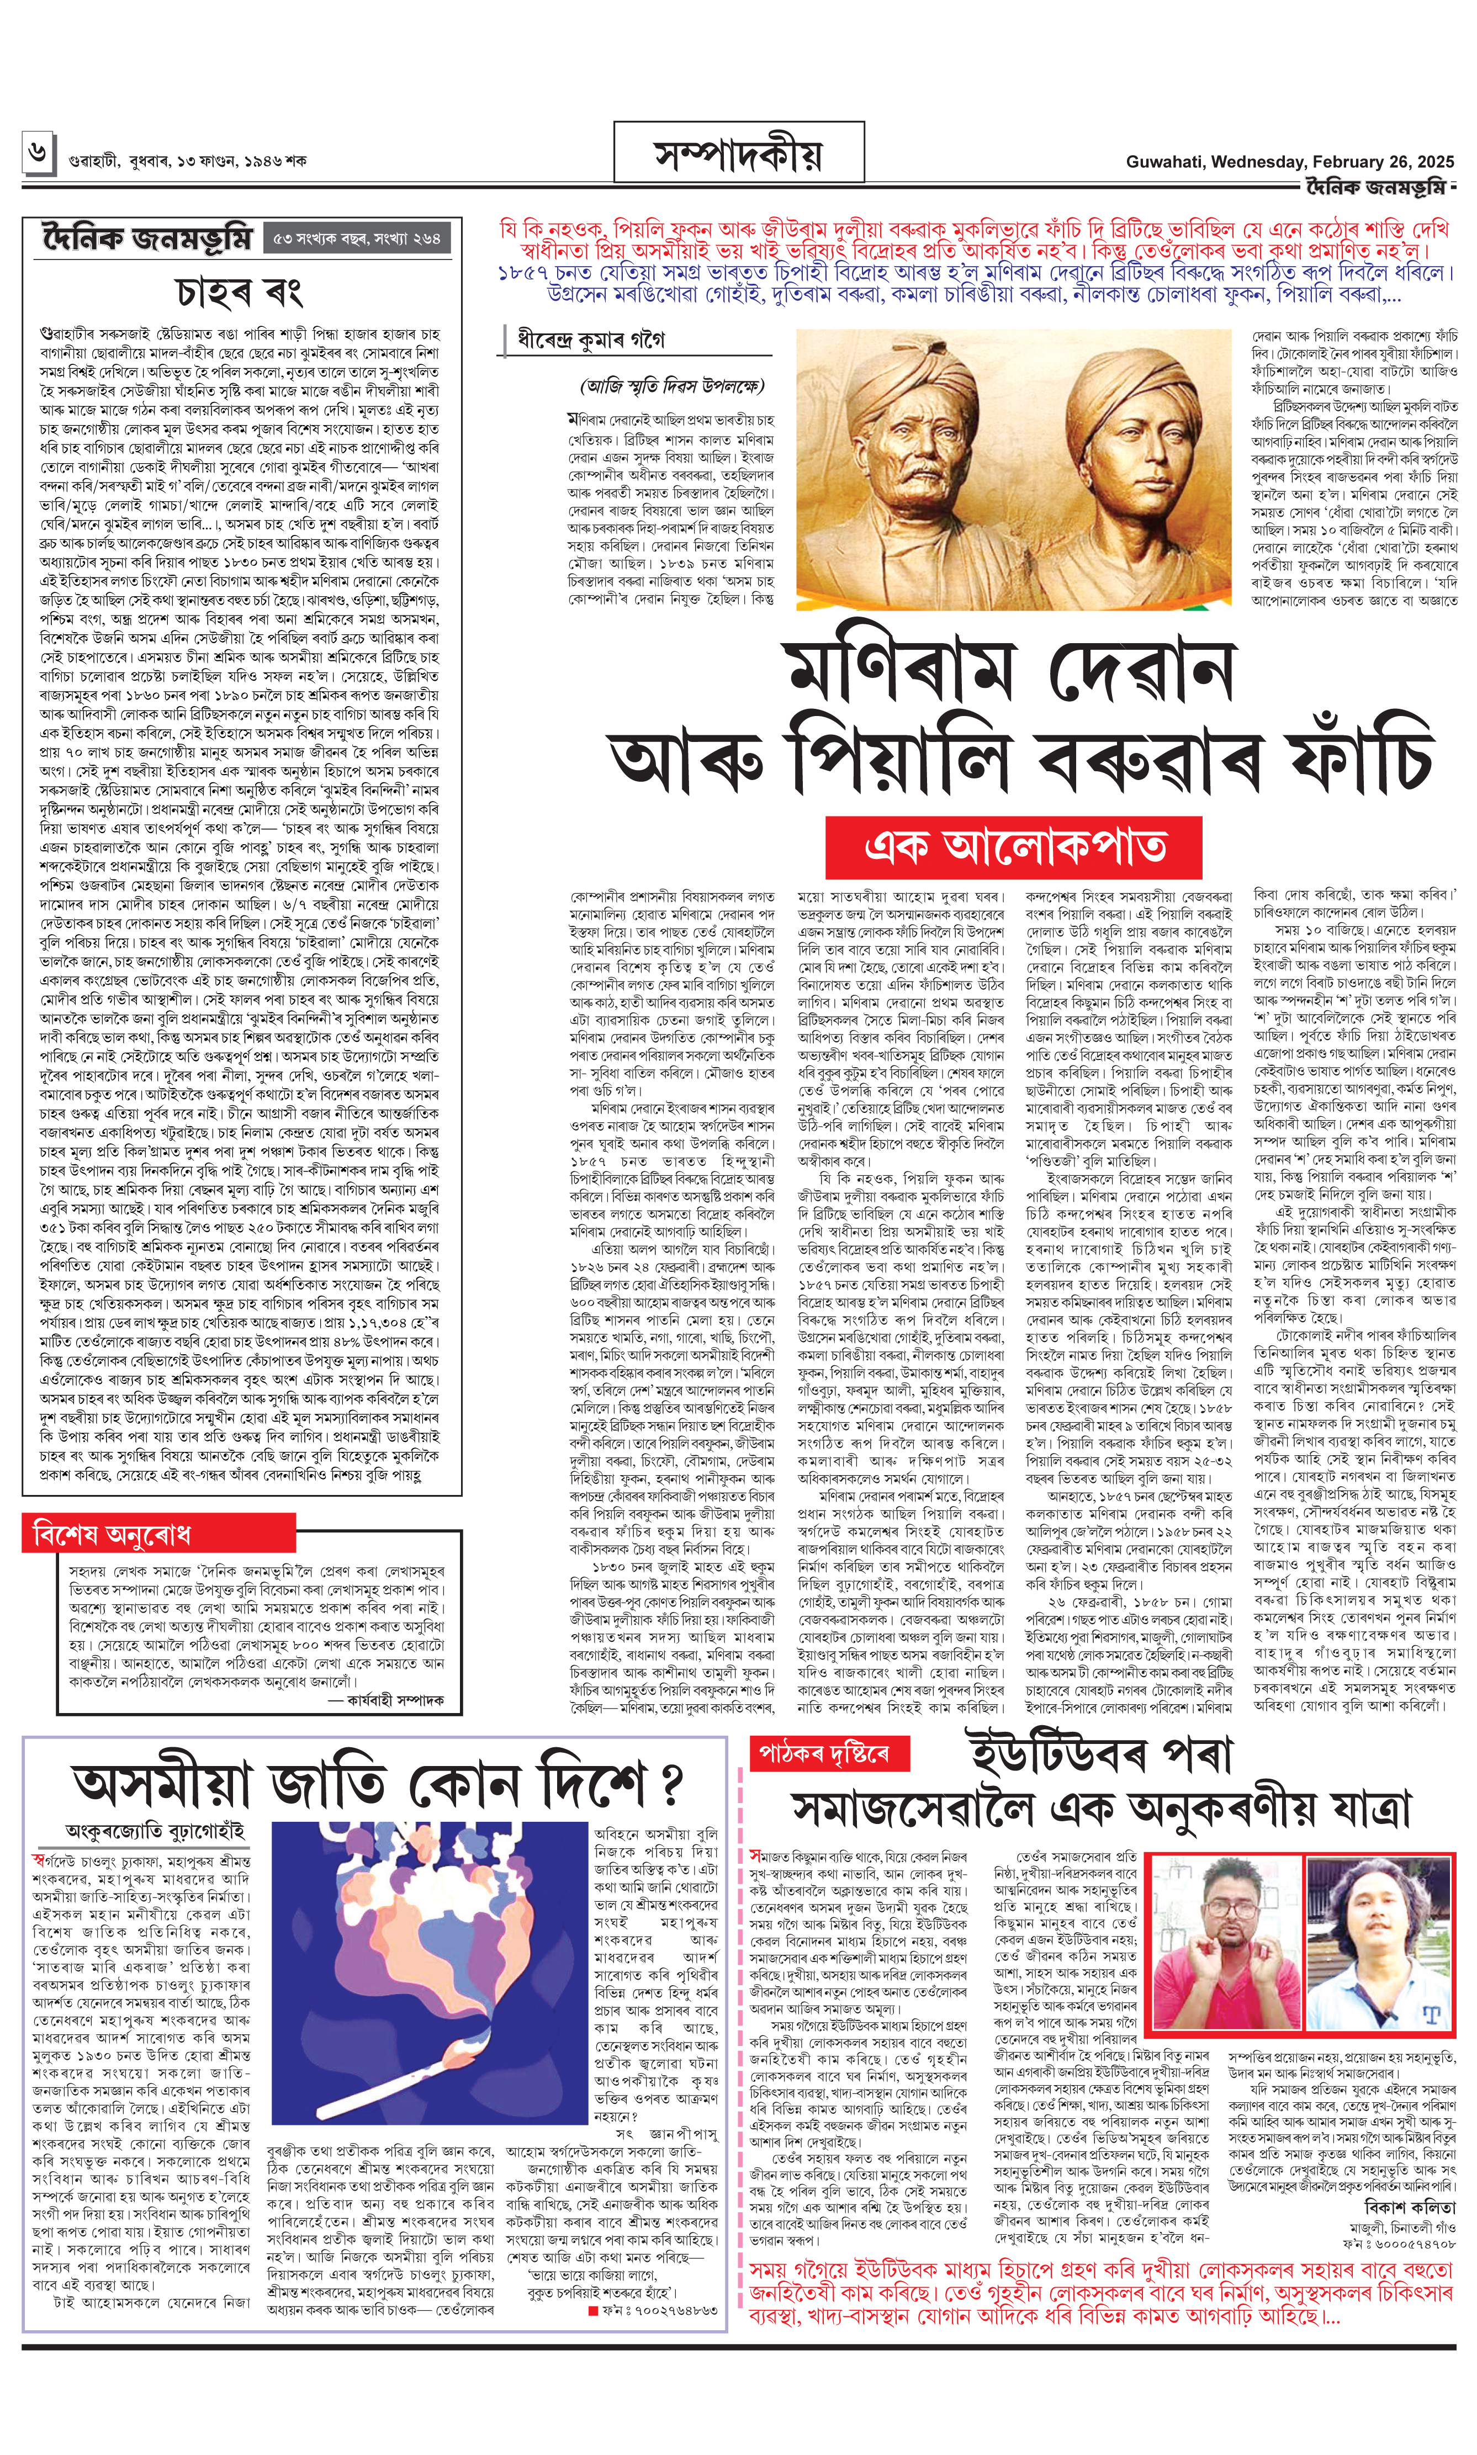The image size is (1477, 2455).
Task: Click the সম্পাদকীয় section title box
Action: (739, 154)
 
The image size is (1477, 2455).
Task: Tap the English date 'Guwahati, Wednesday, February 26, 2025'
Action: (1289, 161)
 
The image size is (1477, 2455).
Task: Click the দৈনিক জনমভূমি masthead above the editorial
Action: (147, 239)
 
